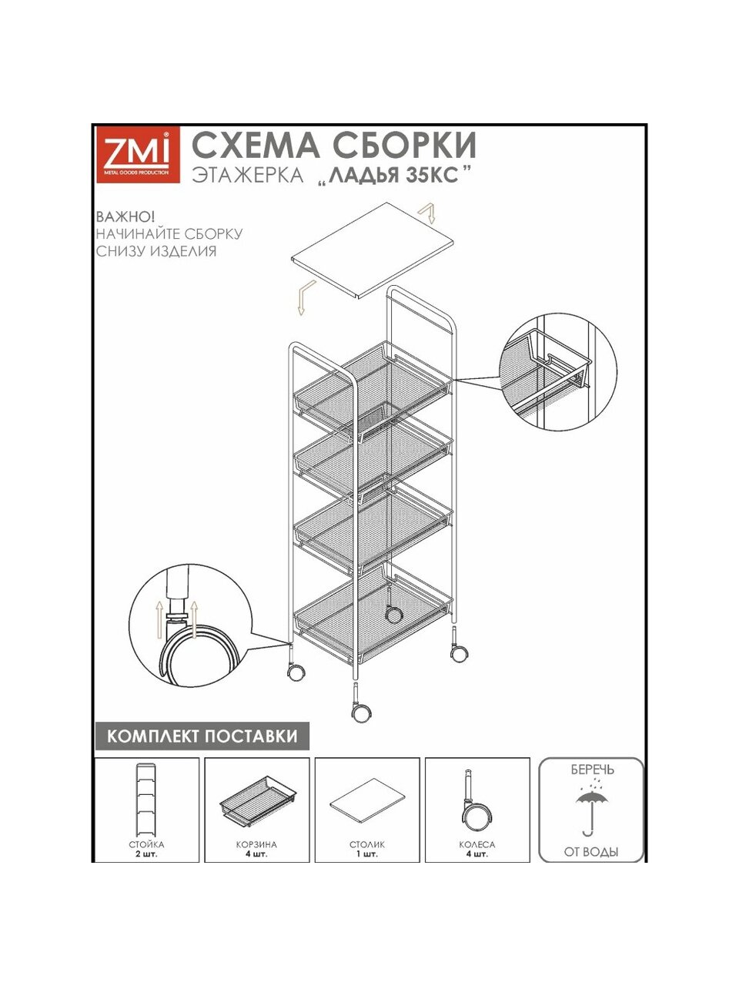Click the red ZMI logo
coord(139,155)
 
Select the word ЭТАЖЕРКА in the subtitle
coord(248,175)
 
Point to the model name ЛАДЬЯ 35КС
coord(394,175)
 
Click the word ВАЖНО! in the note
coord(125,217)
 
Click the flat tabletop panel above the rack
coord(373,250)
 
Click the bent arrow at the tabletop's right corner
coord(426,213)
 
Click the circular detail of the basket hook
coord(558,371)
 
